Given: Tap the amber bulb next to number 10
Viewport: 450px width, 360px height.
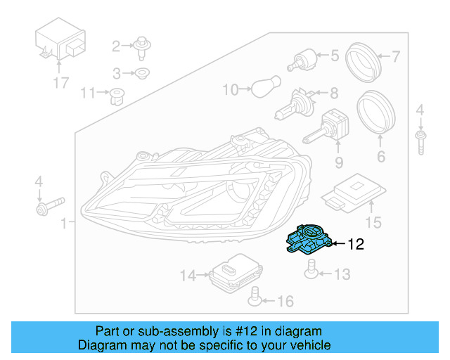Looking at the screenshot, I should pos(262,89).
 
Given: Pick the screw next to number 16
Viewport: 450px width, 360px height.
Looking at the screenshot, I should pos(256,302).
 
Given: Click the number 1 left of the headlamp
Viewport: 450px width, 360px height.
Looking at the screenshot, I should pos(65,224).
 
